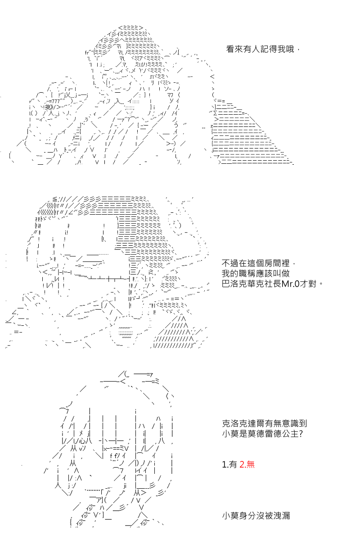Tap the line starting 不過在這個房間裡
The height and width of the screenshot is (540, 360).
tap(258, 263)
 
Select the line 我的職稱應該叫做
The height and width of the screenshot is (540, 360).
tap(255, 274)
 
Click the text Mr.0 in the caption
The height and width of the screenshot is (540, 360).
tap(290, 284)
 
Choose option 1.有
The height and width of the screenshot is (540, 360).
tap(229, 464)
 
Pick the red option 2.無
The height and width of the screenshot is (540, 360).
tap(247, 464)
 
